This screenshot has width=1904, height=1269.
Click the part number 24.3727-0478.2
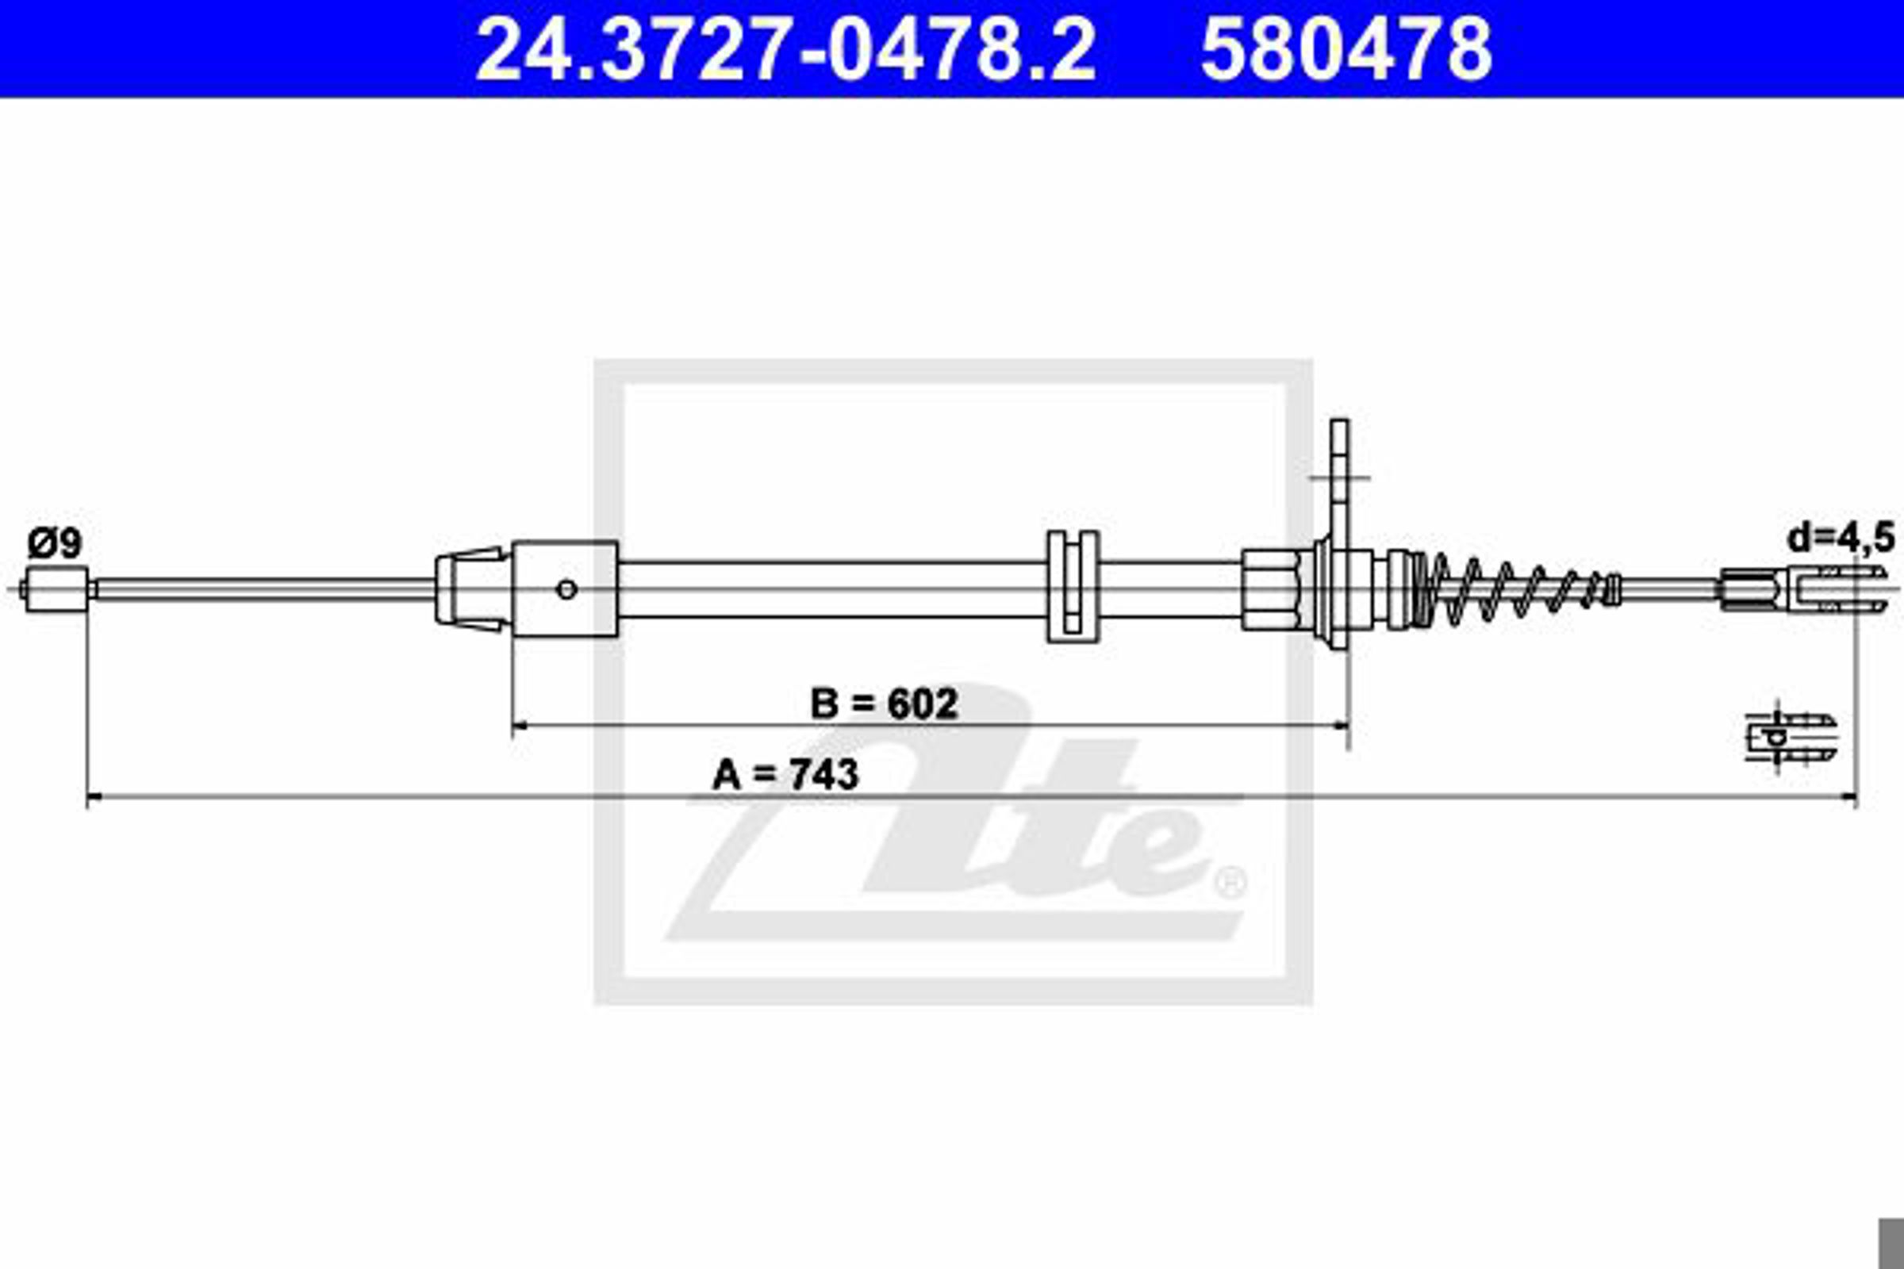[x=785, y=49]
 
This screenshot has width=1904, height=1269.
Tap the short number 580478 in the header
[x=1346, y=49]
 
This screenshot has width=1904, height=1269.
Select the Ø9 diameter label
[x=55, y=543]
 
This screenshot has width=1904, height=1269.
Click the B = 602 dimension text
[x=884, y=704]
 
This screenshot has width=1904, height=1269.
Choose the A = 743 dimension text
[x=785, y=775]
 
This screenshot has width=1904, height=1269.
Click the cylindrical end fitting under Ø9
[x=56, y=589]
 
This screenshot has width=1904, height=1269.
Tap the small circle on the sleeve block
[x=566, y=589]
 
